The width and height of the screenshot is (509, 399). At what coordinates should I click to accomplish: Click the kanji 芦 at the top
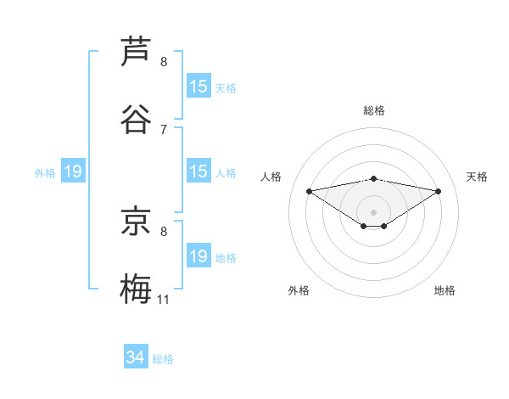coord(136,51)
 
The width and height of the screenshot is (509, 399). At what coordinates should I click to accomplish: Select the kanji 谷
coord(136,119)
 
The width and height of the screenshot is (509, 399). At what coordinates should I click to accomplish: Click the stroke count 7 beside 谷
coord(164,129)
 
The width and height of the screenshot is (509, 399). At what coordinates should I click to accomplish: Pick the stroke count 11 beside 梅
coord(164,299)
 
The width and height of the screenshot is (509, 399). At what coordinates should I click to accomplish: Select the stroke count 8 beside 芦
coord(164,61)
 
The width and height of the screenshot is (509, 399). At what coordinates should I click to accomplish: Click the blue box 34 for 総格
coord(136,357)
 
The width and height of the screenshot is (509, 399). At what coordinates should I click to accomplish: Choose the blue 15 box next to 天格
coord(199,87)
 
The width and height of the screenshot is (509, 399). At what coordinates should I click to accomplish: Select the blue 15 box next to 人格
coord(199,171)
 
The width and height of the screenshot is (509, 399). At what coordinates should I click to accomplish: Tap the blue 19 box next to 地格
coord(199,256)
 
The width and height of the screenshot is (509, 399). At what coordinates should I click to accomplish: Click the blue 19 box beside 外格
coord(73,171)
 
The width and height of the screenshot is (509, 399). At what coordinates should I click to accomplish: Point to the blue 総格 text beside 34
coord(163,359)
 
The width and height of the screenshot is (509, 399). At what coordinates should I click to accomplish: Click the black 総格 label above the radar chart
coord(373,110)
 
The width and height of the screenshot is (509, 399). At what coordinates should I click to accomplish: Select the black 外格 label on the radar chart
coord(299,290)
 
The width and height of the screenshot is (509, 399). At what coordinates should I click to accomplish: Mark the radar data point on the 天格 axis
coord(439,191)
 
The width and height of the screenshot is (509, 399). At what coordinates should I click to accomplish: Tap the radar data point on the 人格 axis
coord(309,190)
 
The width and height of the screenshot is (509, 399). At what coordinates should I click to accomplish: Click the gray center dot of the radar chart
coord(373,211)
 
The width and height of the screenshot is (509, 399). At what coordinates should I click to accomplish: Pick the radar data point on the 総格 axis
coord(373,178)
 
